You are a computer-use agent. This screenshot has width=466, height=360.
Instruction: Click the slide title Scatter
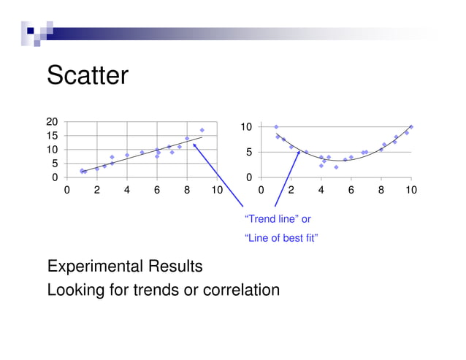click(x=88, y=75)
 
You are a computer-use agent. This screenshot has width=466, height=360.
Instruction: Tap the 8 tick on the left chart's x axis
click(x=187, y=191)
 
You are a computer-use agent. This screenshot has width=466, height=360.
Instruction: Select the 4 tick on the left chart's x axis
click(x=127, y=191)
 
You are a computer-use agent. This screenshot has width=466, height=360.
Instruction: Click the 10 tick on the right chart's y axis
click(x=247, y=127)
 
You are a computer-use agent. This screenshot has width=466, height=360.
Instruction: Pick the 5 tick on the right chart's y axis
click(x=249, y=153)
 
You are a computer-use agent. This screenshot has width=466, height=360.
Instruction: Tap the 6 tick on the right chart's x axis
click(x=351, y=191)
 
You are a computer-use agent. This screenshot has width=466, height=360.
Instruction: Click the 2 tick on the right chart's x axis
click(x=291, y=191)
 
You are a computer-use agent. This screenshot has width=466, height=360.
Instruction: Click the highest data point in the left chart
click(x=202, y=130)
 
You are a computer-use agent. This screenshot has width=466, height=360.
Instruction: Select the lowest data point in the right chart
click(x=336, y=167)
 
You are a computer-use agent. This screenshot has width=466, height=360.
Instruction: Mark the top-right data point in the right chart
click(x=410, y=127)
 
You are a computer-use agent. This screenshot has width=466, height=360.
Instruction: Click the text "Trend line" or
click(x=277, y=219)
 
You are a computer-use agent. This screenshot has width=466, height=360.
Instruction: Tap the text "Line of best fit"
click(x=281, y=239)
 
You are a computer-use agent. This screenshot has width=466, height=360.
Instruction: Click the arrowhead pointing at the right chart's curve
click(x=297, y=153)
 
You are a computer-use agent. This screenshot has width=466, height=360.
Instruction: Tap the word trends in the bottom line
click(x=157, y=290)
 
